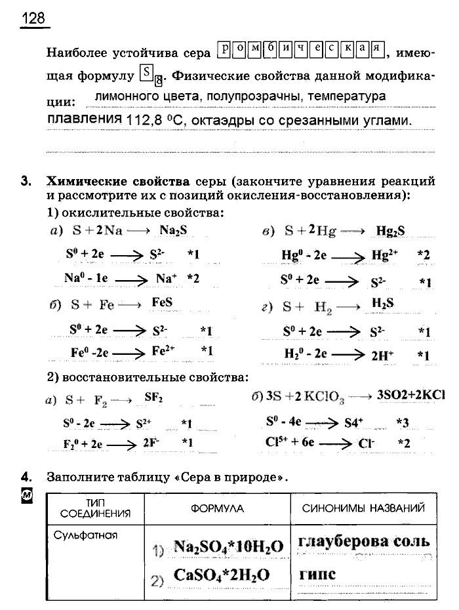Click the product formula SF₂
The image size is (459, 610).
pyautogui.click(x=153, y=398)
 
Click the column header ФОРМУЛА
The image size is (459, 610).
pyautogui.click(x=217, y=508)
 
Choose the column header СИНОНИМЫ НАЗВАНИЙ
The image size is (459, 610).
pyautogui.click(x=363, y=508)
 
